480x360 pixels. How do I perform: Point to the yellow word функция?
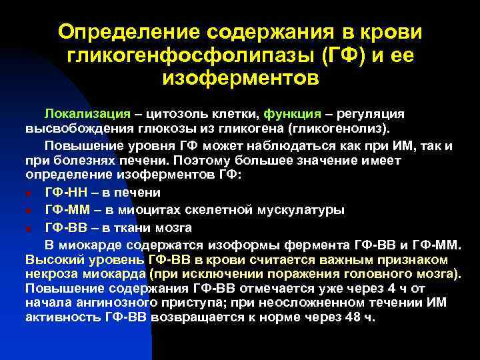coord(292,113)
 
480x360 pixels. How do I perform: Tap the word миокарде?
coord(95,243)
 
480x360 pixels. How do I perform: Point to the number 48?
coord(353,317)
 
